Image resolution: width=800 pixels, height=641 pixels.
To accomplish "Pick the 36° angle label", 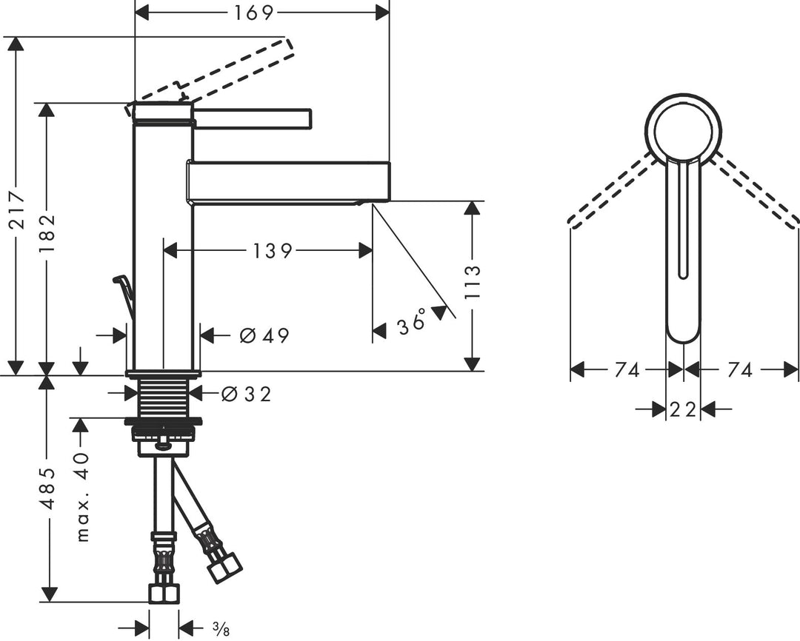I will coord(413,323).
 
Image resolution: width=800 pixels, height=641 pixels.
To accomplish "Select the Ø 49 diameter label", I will coord(264,335).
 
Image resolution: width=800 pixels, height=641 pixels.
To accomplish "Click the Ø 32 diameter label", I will coord(246,395).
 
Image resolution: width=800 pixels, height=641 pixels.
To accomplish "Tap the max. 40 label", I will coord(81,497).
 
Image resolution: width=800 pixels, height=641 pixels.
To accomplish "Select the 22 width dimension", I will coord(682,409).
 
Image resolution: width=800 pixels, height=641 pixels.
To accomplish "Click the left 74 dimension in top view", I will coord(627,370).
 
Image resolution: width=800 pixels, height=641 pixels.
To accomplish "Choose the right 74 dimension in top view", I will coord(739,370).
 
